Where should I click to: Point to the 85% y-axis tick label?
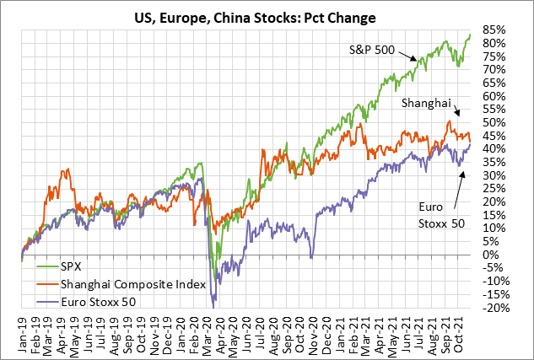click(x=495, y=29)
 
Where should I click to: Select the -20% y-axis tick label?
click(x=494, y=308)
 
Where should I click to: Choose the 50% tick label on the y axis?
click(x=495, y=122)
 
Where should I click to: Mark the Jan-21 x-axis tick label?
click(x=344, y=330)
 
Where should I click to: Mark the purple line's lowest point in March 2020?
click(x=214, y=301)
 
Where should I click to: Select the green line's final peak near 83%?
click(x=470, y=35)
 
